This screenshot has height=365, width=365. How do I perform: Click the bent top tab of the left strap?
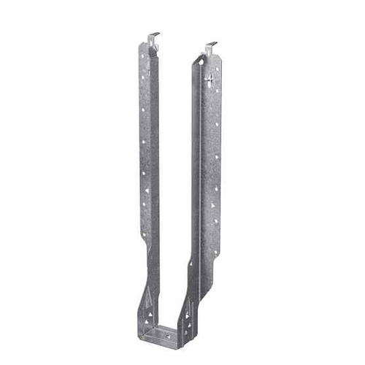[153, 38]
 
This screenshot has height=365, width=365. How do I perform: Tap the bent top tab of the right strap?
[210, 47]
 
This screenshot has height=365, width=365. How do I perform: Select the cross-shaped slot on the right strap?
[210, 80]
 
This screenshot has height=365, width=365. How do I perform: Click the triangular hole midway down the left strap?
[146, 191]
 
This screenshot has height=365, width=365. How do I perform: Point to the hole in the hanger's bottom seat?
[169, 336]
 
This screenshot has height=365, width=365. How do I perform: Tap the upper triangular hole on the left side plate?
[150, 314]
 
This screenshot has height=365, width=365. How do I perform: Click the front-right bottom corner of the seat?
[178, 347]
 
